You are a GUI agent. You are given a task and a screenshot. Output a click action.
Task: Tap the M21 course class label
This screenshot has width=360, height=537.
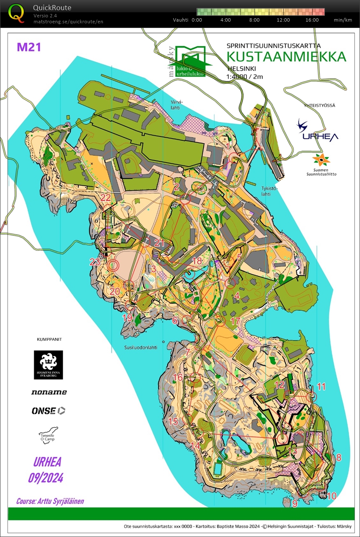[29, 47]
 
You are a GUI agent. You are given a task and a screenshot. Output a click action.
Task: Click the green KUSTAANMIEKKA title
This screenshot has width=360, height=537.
[286, 57]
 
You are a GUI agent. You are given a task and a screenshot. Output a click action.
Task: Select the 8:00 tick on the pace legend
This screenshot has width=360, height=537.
[254, 20]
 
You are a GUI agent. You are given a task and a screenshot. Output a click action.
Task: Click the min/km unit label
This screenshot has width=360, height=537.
[343, 20]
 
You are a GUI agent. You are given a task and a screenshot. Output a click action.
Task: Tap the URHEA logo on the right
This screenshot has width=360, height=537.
[318, 131]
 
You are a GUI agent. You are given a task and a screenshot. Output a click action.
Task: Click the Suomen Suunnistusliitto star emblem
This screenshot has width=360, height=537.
[321, 161]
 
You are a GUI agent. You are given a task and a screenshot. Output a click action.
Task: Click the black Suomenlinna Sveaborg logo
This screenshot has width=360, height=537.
[48, 364]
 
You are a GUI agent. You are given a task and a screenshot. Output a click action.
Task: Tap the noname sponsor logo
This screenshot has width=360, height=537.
[49, 392]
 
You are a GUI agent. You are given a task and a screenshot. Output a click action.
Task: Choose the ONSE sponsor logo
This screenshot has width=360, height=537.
[48, 410]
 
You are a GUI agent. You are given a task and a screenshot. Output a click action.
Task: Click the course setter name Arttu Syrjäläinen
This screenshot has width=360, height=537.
[50, 501]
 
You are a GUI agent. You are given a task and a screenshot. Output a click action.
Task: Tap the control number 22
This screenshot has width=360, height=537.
[105, 198]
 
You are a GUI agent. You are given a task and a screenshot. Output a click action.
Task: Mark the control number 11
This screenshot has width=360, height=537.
[321, 386]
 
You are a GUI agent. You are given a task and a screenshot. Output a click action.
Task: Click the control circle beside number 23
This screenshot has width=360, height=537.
[113, 266]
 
